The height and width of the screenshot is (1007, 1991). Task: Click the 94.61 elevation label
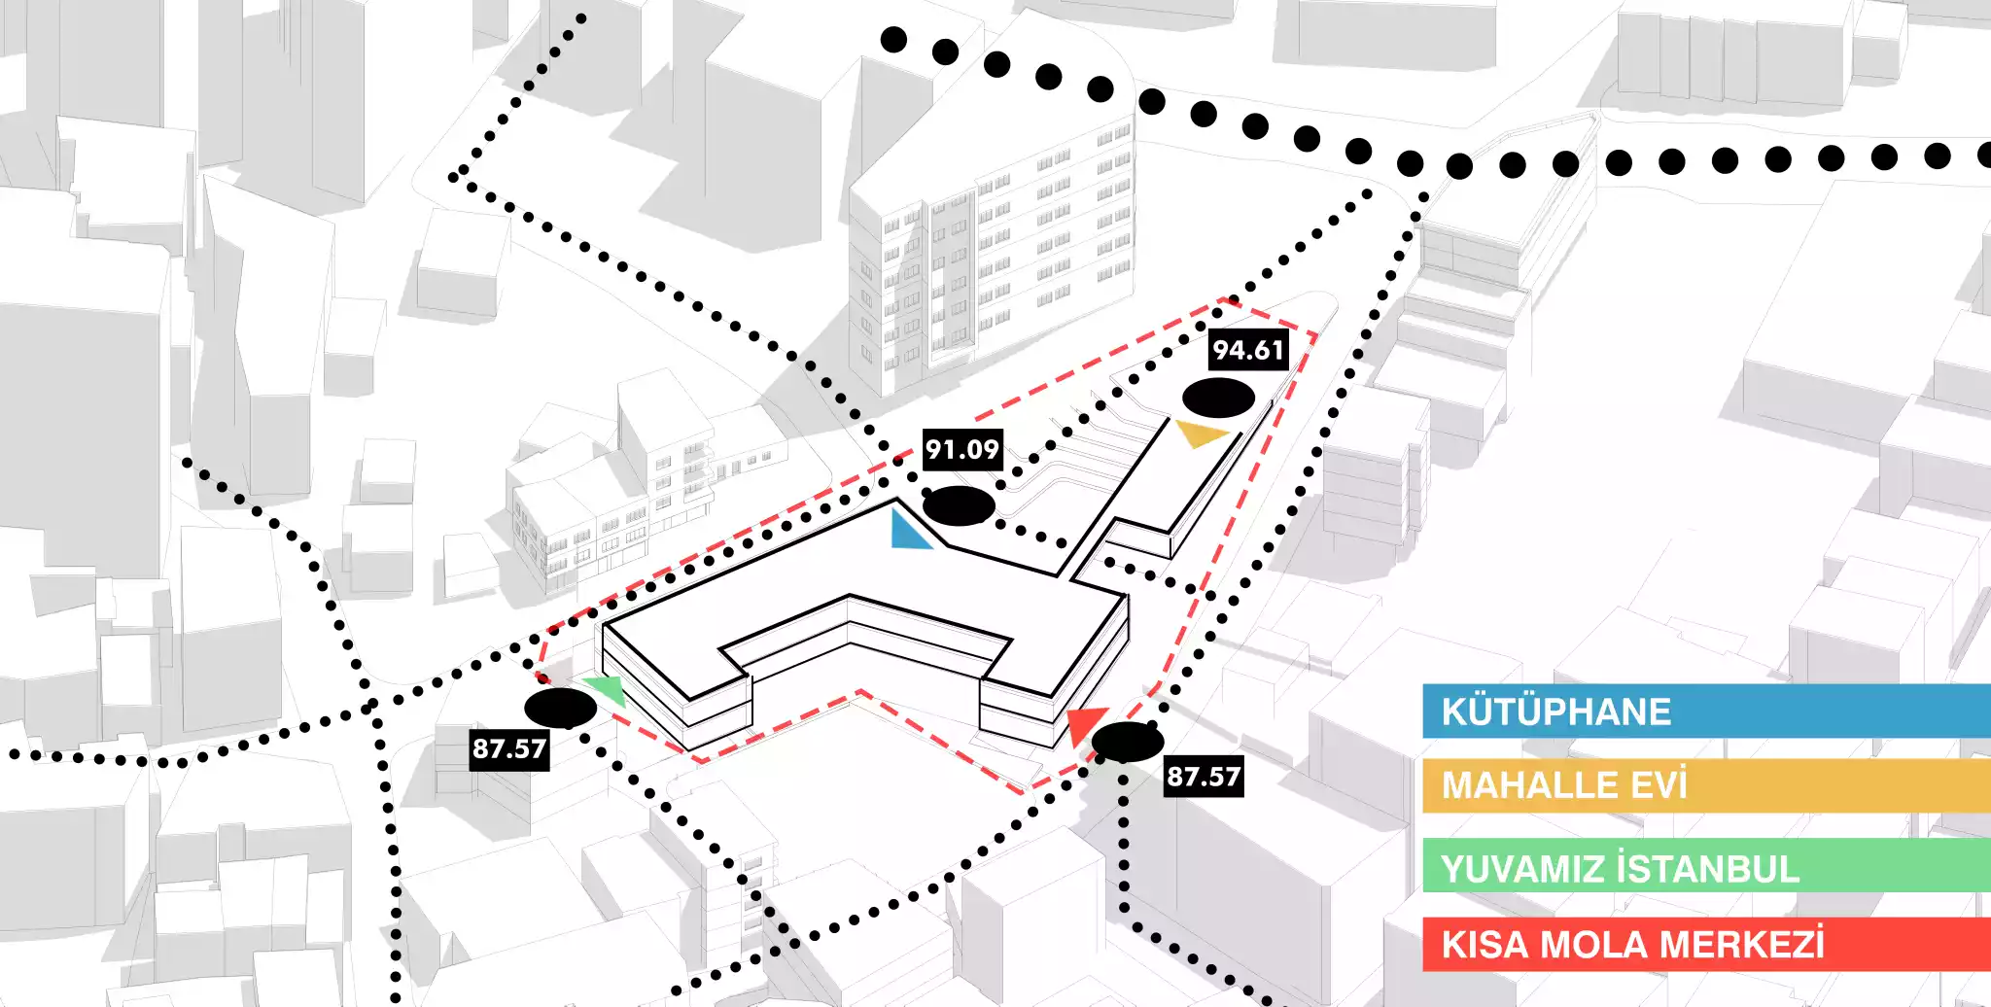tap(1248, 350)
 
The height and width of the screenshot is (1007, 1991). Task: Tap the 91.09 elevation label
tap(961, 449)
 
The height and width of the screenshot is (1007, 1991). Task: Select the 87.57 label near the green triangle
tap(508, 748)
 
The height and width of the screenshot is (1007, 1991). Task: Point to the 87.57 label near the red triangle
tap(1204, 777)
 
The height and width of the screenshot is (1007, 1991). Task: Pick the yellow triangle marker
tap(1201, 433)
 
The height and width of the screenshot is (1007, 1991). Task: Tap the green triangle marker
tap(607, 689)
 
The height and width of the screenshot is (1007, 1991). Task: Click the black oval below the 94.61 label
tap(1218, 398)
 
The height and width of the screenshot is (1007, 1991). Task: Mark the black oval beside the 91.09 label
tap(959, 505)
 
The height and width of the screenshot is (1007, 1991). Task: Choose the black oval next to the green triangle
tap(560, 709)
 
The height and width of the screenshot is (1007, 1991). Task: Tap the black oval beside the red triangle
tap(1128, 742)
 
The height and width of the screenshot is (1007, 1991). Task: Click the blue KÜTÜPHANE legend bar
tap(1706, 711)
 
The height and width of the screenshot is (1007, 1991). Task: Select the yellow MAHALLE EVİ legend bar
tap(1706, 785)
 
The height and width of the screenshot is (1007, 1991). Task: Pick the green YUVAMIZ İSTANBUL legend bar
tap(1706, 865)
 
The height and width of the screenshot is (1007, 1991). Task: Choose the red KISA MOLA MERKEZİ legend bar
tap(1706, 944)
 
